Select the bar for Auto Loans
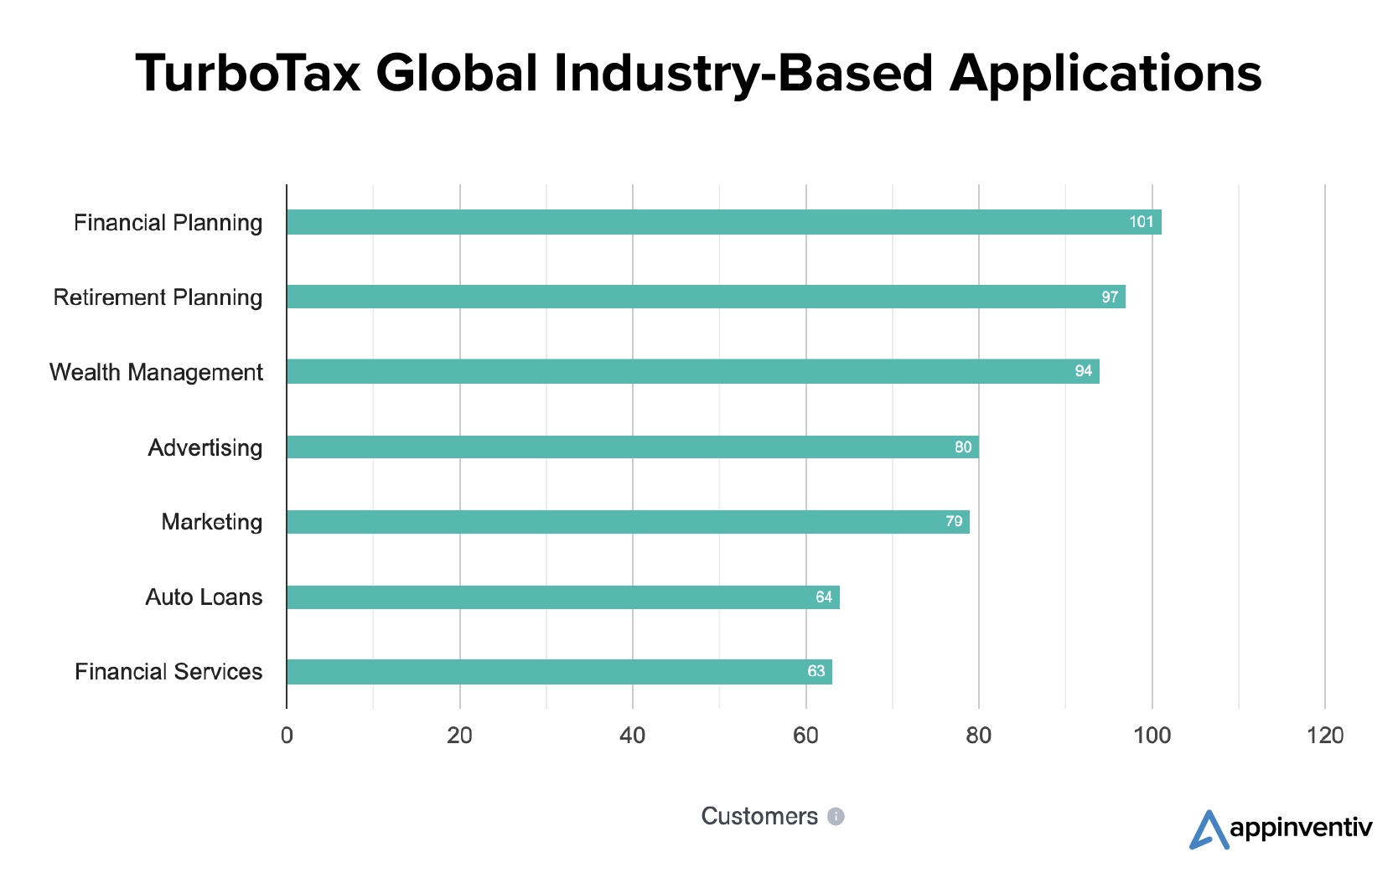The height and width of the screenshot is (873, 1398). [562, 597]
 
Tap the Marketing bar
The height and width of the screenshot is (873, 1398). [628, 522]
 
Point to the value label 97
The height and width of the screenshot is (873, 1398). [1110, 297]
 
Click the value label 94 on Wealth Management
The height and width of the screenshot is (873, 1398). [1084, 371]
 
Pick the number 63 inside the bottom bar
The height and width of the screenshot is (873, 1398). [815, 671]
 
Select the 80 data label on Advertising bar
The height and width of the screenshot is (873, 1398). [963, 447]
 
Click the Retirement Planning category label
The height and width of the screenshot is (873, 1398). [158, 297]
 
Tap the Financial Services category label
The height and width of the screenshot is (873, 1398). [168, 672]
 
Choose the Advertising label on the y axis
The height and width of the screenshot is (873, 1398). [205, 447]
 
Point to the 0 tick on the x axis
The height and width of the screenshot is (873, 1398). [287, 736]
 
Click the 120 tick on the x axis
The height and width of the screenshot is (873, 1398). [1325, 736]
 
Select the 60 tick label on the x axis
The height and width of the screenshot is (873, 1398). [805, 736]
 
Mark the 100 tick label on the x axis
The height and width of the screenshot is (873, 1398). [1152, 736]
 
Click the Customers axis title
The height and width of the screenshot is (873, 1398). [759, 816]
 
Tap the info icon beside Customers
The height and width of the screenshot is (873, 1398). [836, 817]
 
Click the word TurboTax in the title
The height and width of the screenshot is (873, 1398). [248, 73]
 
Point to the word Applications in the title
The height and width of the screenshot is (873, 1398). [1105, 73]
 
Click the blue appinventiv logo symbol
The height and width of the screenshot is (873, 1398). [1208, 829]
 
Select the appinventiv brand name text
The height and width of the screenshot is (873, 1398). [1301, 829]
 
